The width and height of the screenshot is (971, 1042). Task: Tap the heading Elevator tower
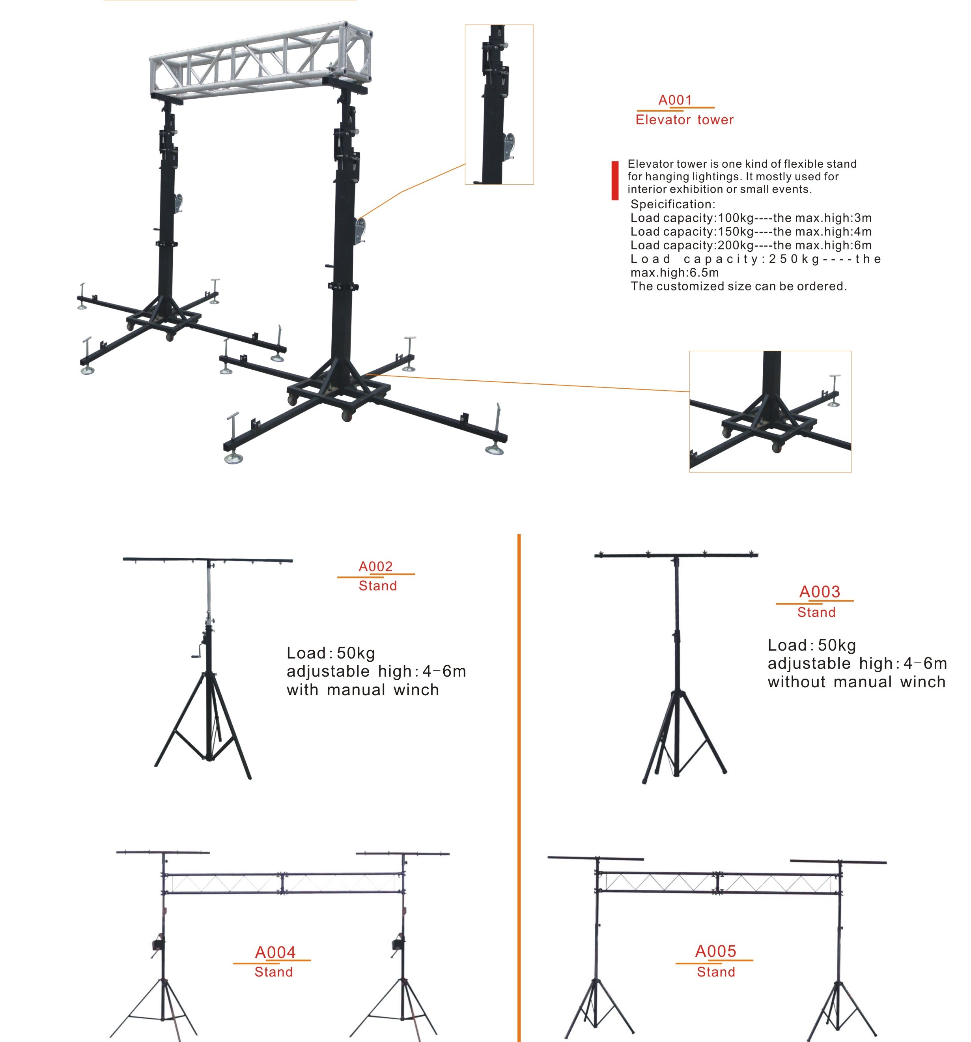click(684, 120)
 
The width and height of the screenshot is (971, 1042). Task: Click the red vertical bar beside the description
click(615, 180)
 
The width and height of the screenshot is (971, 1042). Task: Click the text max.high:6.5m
click(674, 273)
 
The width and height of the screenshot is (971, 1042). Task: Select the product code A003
click(820, 591)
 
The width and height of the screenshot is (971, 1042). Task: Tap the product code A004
click(275, 952)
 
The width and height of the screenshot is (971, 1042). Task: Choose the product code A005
click(716, 951)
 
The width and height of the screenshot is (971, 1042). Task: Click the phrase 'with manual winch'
click(362, 690)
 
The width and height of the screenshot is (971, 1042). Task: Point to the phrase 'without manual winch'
click(856, 682)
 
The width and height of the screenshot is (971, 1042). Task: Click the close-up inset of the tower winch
click(499, 104)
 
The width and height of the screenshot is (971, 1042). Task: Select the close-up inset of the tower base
click(770, 412)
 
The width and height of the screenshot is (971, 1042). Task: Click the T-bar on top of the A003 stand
click(676, 555)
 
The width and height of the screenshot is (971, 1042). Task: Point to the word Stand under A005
click(716, 972)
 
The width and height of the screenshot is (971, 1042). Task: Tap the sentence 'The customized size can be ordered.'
click(738, 286)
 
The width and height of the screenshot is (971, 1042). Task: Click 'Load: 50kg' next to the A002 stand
click(331, 653)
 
